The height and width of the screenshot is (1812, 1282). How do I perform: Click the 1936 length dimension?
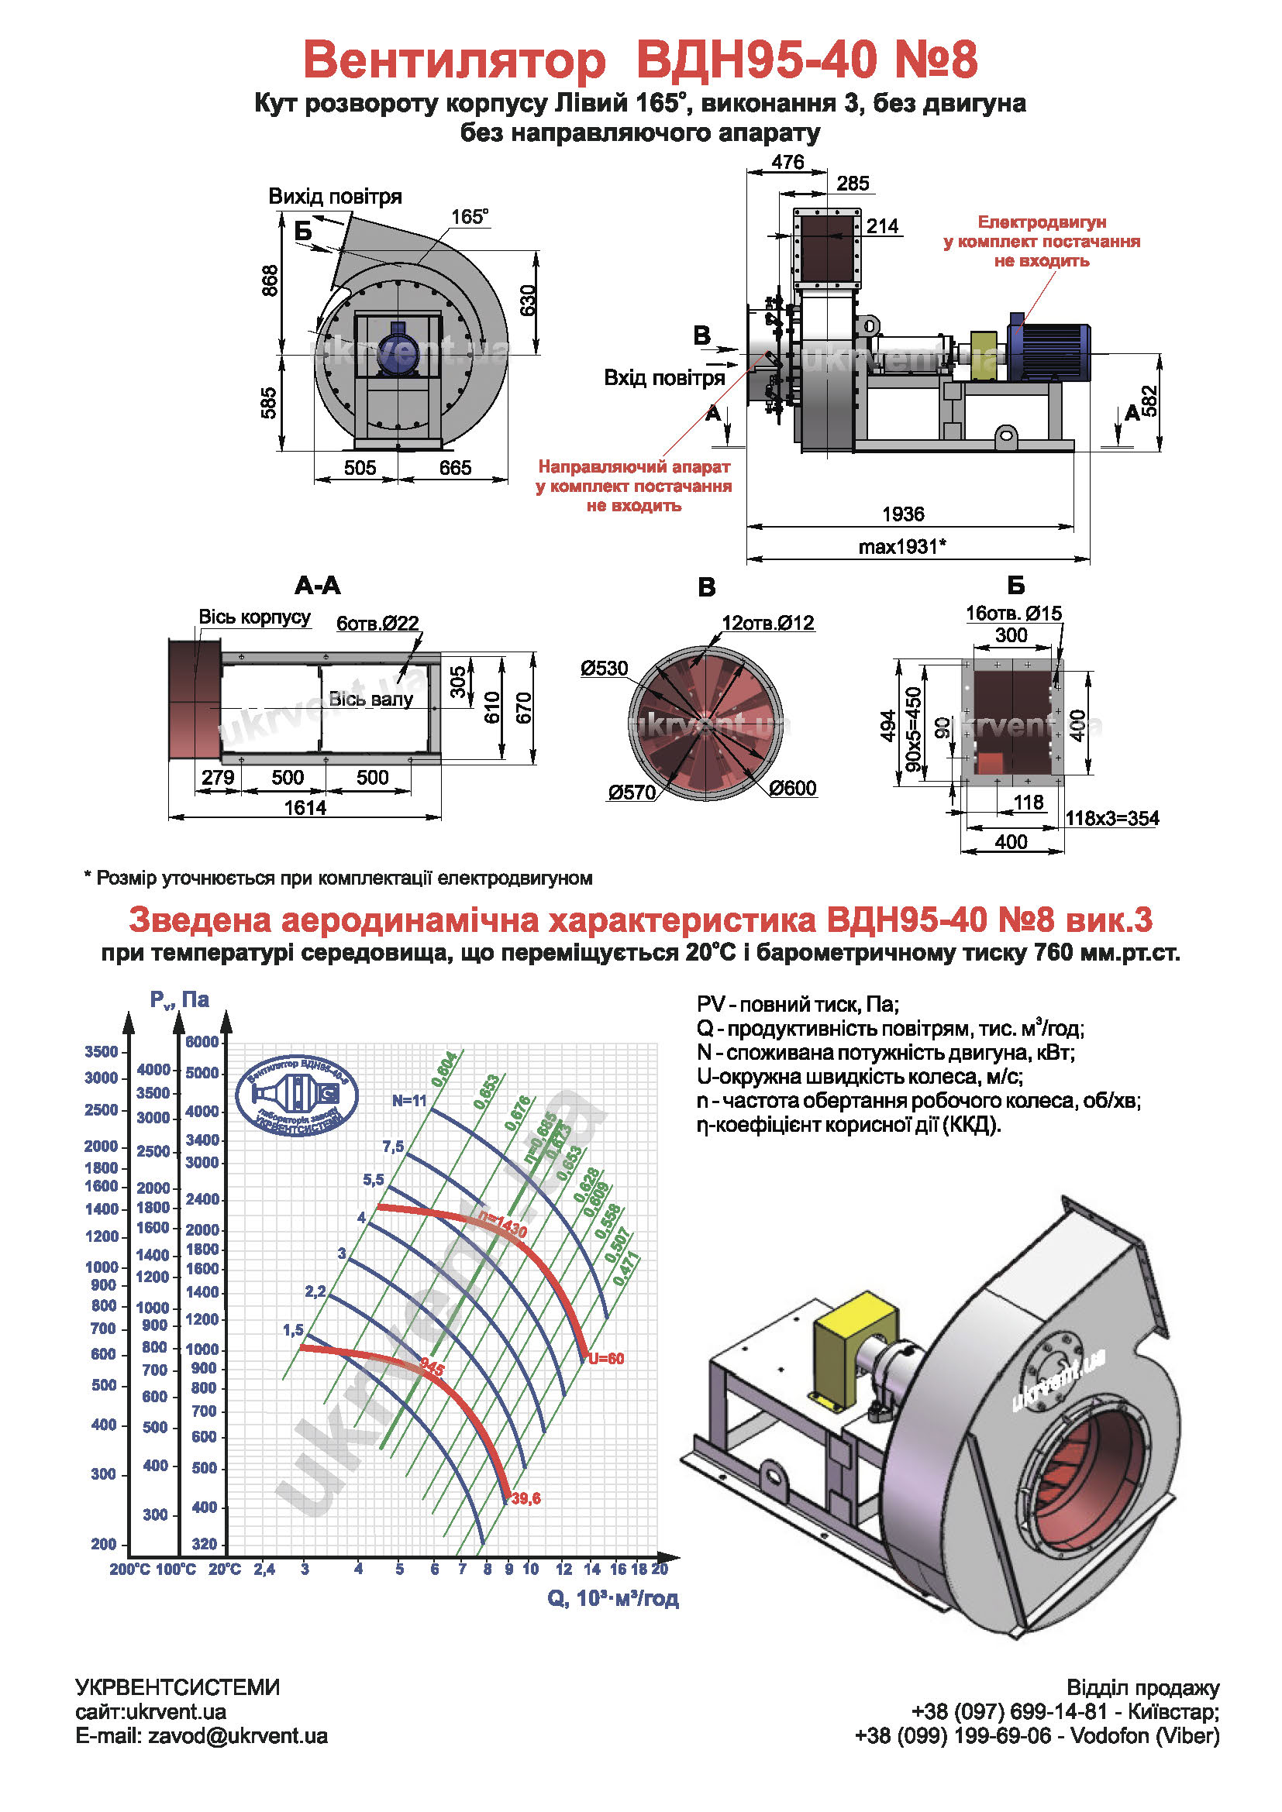pos(902,514)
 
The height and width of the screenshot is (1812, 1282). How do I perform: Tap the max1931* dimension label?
pos(902,546)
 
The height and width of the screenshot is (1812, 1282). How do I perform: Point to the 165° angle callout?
pos(469,216)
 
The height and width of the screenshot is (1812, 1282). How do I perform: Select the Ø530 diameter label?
pos(604,669)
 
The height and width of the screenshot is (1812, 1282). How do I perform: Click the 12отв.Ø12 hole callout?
pos(767,623)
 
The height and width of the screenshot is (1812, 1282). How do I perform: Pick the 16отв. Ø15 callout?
pos(1014,614)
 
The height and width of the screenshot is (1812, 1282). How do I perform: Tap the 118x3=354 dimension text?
pos(1111,817)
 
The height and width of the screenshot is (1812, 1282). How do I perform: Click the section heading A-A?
pos(317,586)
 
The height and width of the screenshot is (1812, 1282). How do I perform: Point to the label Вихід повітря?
pos(335,196)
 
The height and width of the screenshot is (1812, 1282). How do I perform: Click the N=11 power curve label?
pos(409,1100)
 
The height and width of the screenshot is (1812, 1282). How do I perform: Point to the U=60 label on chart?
pos(606,1358)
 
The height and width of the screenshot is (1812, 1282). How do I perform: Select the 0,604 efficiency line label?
pos(444,1069)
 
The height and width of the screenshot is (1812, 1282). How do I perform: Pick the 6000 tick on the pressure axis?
pos(202,1042)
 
